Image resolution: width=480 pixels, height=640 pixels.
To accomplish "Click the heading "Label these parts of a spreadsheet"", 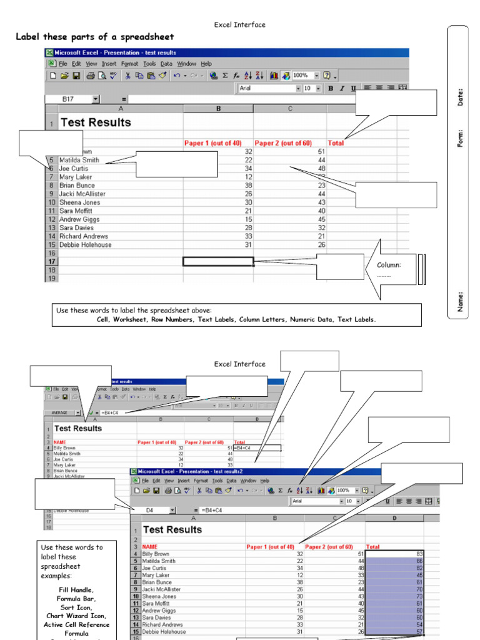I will pos(95,37).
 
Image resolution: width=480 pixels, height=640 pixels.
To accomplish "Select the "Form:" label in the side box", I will pos(461,138).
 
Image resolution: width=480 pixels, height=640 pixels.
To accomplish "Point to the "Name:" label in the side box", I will pos(461,301).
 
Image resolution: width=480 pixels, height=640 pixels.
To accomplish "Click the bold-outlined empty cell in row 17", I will pos(218,261).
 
